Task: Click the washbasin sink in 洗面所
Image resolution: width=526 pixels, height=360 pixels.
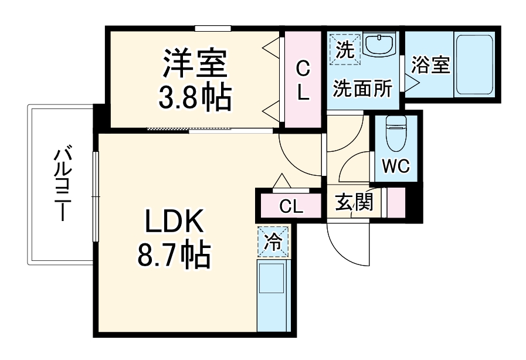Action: point(379,45)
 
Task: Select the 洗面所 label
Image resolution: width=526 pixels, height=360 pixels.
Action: point(362,89)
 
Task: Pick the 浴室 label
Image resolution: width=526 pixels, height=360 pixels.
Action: point(430,65)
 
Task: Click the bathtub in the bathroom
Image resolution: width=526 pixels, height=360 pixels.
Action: point(475,65)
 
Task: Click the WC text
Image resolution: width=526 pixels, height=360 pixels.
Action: point(395,166)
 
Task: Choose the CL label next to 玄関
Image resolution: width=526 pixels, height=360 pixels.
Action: point(291,206)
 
